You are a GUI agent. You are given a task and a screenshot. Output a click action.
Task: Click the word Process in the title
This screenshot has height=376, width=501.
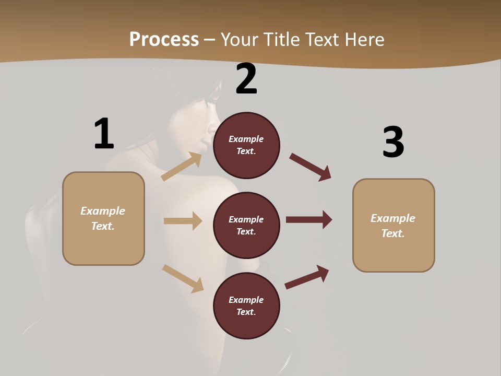(x=164, y=39)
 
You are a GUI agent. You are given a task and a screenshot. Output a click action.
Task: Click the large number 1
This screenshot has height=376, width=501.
(x=104, y=134)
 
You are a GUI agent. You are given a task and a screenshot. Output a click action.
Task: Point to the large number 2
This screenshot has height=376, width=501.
(x=246, y=79)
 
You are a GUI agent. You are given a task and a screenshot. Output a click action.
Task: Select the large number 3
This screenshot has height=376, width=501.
(x=393, y=142)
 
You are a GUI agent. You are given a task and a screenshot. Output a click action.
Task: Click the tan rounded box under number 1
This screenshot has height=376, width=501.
(x=103, y=218)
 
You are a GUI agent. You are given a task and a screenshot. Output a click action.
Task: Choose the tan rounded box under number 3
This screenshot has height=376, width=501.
(x=393, y=226)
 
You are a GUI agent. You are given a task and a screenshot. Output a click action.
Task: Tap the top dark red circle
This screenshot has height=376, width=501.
(x=246, y=145)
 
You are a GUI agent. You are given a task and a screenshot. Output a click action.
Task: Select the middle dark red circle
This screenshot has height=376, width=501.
(x=246, y=226)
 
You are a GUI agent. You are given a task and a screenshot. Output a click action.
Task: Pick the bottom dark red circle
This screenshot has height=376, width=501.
(x=246, y=306)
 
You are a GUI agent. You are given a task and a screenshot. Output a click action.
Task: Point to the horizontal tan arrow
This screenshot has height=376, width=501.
(x=183, y=221)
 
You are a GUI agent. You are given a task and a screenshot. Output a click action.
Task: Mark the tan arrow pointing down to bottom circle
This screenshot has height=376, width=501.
(x=183, y=278)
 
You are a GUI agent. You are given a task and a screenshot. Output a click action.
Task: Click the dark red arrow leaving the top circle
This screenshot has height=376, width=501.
(x=311, y=167)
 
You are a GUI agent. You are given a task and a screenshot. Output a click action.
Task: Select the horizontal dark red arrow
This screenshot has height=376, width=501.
(x=309, y=219)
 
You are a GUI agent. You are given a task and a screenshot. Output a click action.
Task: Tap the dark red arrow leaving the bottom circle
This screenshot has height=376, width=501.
(x=307, y=277)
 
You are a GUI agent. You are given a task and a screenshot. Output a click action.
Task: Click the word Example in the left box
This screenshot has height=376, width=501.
(x=103, y=211)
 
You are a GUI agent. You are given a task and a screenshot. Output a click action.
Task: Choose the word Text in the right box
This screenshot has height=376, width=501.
(x=392, y=233)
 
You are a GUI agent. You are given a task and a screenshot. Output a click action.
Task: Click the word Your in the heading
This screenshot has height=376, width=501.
(x=238, y=39)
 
